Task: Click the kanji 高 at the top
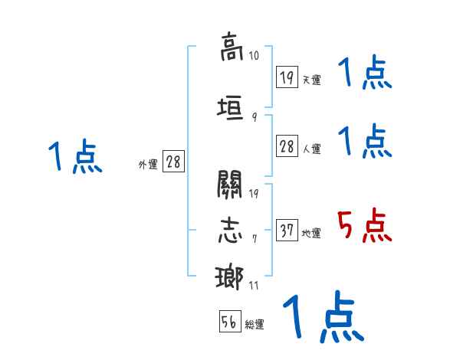click(230, 47)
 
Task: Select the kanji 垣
click(230, 108)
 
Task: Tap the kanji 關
click(230, 184)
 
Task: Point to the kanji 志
click(230, 230)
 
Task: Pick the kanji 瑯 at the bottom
click(230, 277)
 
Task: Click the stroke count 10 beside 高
click(254, 56)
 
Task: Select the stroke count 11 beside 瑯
click(254, 286)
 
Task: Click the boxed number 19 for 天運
click(287, 77)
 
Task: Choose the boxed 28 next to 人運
click(287, 147)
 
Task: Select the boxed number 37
click(287, 231)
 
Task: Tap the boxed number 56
click(230, 322)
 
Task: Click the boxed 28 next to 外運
click(173, 162)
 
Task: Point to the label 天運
click(311, 80)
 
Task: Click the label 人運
click(311, 149)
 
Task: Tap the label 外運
click(147, 164)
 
